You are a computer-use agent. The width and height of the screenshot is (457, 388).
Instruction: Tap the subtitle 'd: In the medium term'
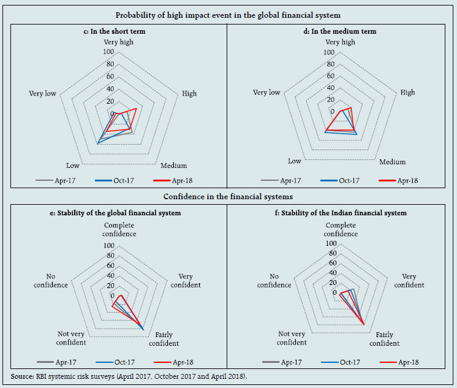point(341,31)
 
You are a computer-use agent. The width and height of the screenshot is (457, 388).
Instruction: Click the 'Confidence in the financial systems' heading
point(228,197)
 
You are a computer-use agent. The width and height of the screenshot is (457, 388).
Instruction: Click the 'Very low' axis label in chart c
point(43,94)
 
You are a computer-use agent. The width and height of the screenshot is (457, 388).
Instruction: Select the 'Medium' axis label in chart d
point(393,162)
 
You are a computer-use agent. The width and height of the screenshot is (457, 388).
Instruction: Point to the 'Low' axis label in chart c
point(72,166)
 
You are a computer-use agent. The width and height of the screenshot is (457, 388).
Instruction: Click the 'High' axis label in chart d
point(407,93)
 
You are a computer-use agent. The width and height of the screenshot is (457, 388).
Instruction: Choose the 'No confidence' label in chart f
point(274,281)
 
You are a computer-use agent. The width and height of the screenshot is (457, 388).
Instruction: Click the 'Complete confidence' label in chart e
point(119,229)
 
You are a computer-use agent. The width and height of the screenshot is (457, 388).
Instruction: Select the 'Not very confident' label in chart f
point(292,338)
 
